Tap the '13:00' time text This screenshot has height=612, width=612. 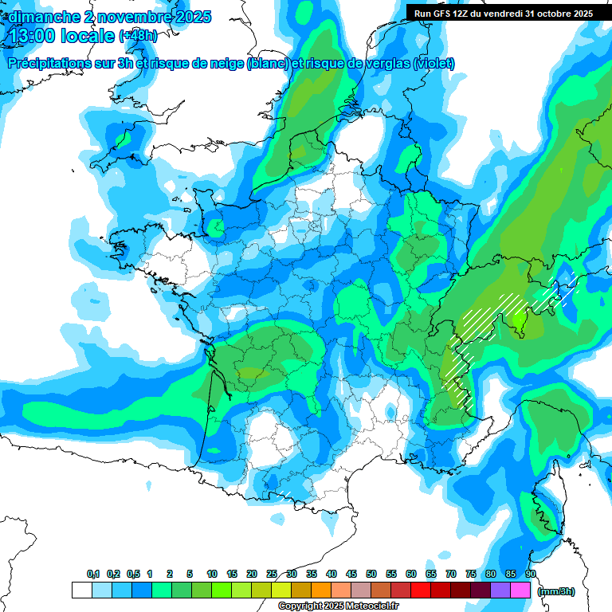pos(31,36)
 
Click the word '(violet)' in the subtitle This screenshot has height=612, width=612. pos(433,64)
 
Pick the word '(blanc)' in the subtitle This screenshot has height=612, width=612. pos(268,64)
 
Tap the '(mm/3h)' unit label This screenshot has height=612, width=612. pos(555,591)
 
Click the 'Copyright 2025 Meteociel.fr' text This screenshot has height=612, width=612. pos(338,606)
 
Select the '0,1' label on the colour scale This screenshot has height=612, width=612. pos(93,575)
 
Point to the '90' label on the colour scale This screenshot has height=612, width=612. pos(530,575)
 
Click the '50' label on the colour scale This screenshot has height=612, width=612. pos(371,575)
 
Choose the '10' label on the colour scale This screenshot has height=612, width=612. pos(212,575)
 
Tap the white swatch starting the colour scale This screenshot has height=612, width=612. pos(81,590)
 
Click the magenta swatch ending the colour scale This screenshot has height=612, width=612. pos(520,590)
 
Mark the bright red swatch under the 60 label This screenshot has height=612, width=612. pos(421,590)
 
